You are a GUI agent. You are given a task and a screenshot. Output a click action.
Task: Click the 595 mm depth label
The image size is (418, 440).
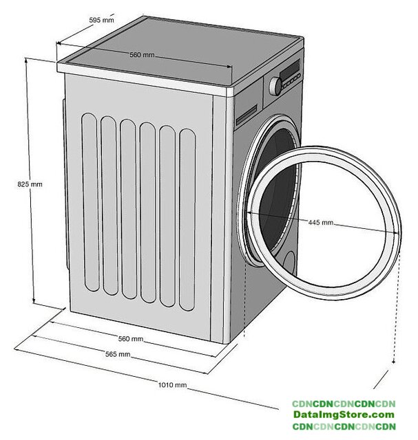tap(102, 20)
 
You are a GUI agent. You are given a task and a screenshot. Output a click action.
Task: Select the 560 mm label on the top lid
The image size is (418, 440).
tap(142, 55)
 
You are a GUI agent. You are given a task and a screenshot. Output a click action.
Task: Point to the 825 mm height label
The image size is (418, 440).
tap(30, 184)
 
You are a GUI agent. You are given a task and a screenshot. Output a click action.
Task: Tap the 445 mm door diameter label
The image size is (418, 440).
tap(321, 223)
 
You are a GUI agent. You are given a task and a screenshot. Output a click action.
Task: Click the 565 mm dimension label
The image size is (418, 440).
tap(118, 354)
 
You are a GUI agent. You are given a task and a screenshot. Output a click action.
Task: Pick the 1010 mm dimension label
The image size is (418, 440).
tap(172, 385)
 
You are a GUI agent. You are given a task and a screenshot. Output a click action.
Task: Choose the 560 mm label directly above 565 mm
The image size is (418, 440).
tap(131, 339)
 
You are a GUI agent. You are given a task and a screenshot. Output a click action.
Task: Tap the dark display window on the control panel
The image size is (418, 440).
tap(289, 71)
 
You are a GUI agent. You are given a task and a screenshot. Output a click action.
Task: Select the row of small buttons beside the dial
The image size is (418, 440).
tap(292, 80)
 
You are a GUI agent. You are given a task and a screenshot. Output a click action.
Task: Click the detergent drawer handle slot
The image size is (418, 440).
tap(246, 118)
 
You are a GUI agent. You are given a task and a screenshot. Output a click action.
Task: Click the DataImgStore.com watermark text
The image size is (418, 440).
tap(343, 415)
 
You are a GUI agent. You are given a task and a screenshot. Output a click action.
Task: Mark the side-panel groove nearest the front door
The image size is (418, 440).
tap(187, 219)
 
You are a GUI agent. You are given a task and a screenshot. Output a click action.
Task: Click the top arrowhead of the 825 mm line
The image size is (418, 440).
tap(28, 60)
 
